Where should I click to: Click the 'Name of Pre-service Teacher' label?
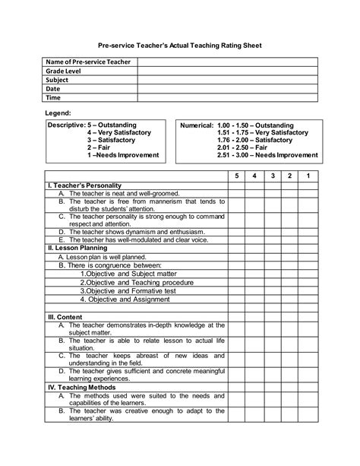pyautogui.click(x=88, y=62)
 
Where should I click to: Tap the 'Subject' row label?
pyautogui.click(x=57, y=80)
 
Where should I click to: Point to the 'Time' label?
pyautogui.click(x=53, y=98)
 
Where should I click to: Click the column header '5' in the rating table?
pyautogui.click(x=236, y=176)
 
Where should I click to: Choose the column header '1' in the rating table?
pyautogui.click(x=308, y=176)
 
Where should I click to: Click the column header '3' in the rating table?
pyautogui.click(x=272, y=176)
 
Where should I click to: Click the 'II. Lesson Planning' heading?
pyautogui.click(x=76, y=248)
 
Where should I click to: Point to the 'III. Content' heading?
pyautogui.click(x=65, y=317)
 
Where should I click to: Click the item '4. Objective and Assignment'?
pyautogui.click(x=126, y=300)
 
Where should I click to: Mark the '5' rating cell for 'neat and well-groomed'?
pyautogui.click(x=236, y=194)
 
